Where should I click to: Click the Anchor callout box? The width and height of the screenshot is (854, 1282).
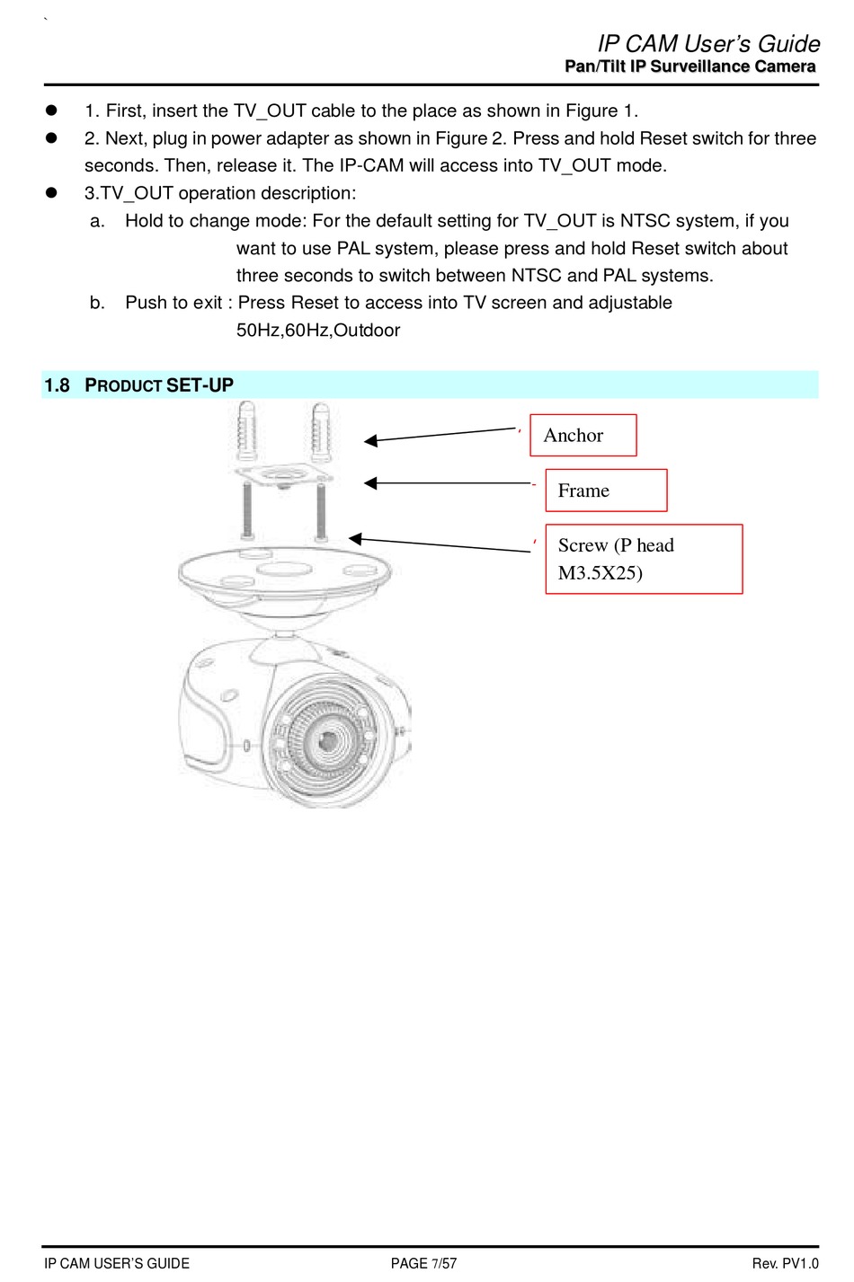583,436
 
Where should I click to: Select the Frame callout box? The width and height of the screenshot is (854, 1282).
606,491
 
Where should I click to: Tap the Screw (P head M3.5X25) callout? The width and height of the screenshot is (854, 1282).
644,559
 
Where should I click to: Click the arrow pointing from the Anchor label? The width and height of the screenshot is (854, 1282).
440,435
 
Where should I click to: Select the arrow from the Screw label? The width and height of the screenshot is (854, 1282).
440,544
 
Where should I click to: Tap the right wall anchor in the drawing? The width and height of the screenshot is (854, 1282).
320,430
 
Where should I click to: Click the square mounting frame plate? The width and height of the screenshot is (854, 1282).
284,474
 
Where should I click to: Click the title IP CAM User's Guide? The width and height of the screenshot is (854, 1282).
708,44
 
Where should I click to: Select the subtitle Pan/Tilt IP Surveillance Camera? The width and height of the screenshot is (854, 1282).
690,66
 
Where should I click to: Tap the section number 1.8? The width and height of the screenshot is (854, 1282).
57,386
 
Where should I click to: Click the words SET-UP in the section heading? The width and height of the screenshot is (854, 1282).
200,386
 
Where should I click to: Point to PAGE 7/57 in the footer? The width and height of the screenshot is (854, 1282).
423,1263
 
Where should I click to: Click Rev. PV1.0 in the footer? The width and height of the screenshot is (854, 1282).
785,1263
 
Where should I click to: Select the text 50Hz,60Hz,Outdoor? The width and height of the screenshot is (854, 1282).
318,331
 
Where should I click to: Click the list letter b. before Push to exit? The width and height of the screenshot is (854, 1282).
97,303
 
